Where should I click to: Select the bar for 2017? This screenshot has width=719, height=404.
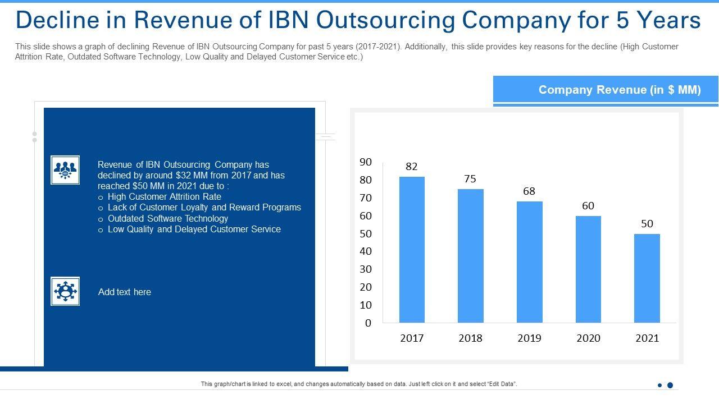[x=412, y=250]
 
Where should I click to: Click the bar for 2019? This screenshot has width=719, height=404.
[x=530, y=262]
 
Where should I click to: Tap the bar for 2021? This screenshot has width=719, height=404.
[x=647, y=278]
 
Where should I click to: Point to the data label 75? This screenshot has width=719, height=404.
[x=470, y=179]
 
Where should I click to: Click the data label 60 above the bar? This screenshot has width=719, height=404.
[x=588, y=206]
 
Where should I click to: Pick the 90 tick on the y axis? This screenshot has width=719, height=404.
[x=366, y=162]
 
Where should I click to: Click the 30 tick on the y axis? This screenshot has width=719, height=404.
[x=366, y=269]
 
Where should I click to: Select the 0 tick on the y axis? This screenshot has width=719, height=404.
[x=368, y=323]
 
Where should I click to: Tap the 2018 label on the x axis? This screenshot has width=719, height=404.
[x=470, y=338]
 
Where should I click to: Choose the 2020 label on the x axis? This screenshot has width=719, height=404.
[x=588, y=338]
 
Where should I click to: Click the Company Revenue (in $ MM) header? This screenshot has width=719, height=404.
[x=620, y=90]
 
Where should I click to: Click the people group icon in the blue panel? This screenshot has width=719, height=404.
[x=65, y=170]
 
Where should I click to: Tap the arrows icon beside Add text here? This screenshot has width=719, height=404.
[x=65, y=291]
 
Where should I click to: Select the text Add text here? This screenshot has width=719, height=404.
[x=125, y=292]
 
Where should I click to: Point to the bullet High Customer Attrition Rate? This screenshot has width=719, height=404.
[x=164, y=197]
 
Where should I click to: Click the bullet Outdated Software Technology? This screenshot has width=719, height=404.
[x=167, y=218]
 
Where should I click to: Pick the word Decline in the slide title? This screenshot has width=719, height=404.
[x=52, y=20]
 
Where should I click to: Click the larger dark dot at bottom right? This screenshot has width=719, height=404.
[x=670, y=385]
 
